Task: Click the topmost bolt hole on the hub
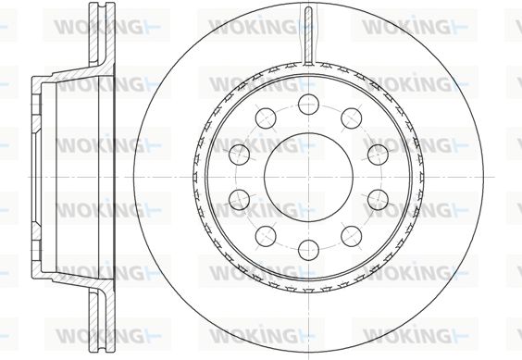click(308, 105)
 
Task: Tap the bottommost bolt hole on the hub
click(308, 250)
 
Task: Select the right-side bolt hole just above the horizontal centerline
click(378, 155)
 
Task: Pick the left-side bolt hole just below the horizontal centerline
click(240, 200)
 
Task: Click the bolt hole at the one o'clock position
click(352, 118)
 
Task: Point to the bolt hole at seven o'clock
click(266, 236)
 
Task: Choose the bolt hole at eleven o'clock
click(266, 118)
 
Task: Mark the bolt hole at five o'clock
click(352, 236)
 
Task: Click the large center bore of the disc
click(308, 177)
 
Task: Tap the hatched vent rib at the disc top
click(308, 36)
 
